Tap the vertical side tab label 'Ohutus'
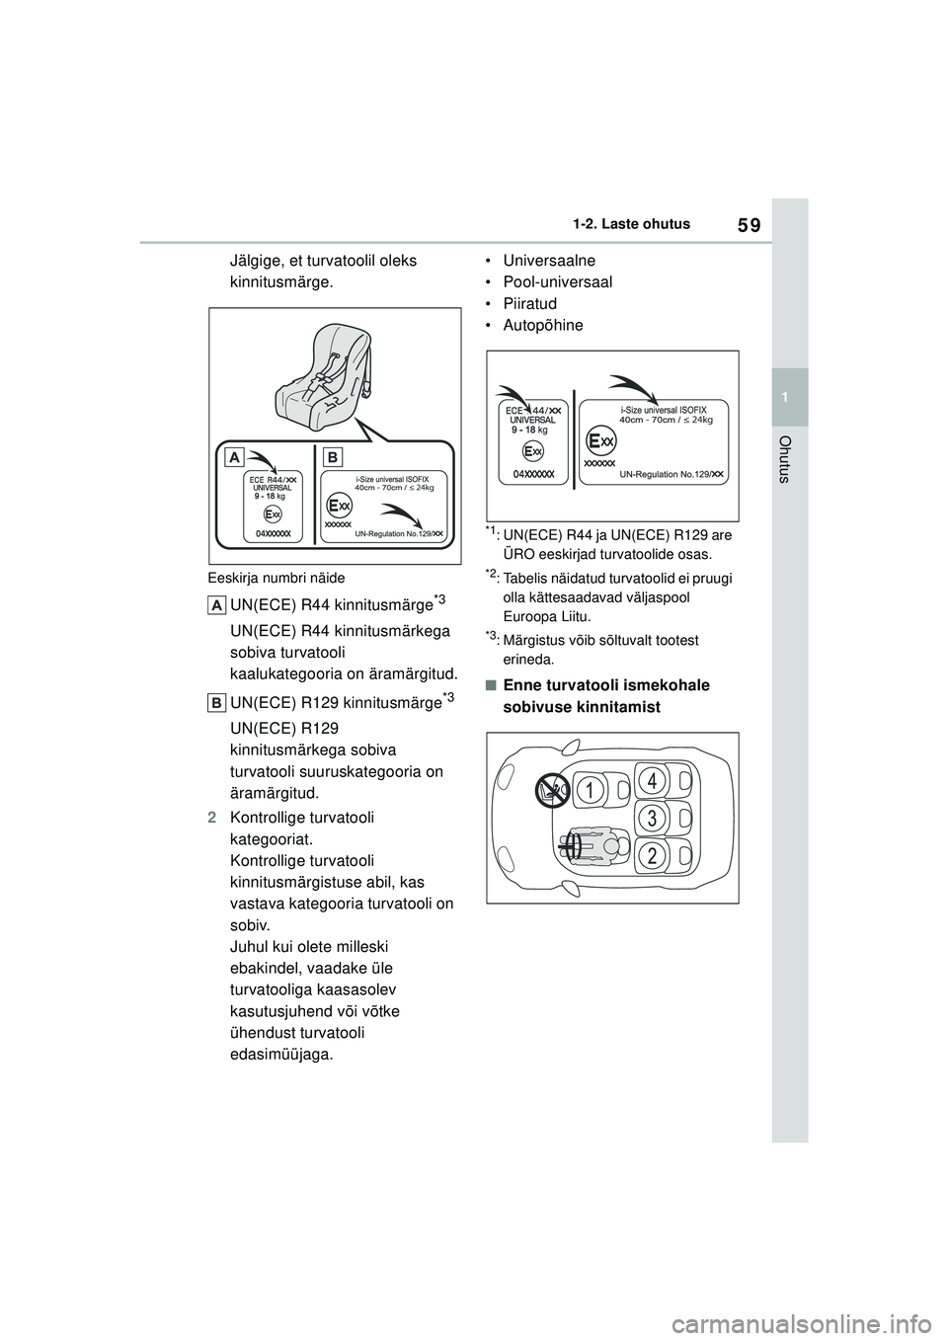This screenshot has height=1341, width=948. pos(786,459)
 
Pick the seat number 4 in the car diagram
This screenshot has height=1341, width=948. pos(652,781)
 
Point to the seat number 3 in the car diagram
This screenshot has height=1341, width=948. pos(652,818)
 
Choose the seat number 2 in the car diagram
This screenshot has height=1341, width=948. pos(652,855)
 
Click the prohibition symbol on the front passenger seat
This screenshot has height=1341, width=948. pos(549,789)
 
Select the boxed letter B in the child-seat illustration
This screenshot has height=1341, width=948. pos(332,456)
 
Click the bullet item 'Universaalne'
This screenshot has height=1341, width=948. pos(550,261)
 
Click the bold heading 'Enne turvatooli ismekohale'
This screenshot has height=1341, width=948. pos(605,685)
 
